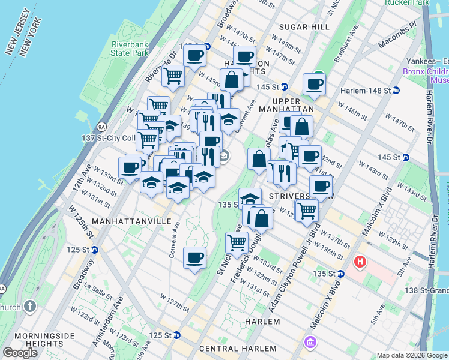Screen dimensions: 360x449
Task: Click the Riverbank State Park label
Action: [x=130, y=48]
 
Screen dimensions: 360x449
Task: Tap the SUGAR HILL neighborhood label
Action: [x=304, y=28]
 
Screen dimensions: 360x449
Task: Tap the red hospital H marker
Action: [x=360, y=262]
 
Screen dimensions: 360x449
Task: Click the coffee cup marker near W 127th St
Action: [x=194, y=258]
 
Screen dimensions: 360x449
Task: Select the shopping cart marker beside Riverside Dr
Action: [x=173, y=76]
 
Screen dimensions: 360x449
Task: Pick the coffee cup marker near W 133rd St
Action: [x=130, y=167]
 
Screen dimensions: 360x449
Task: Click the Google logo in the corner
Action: [x=20, y=353]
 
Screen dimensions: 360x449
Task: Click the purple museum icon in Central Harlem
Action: [x=310, y=343]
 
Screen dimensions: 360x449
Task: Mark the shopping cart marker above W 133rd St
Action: [x=237, y=242]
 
